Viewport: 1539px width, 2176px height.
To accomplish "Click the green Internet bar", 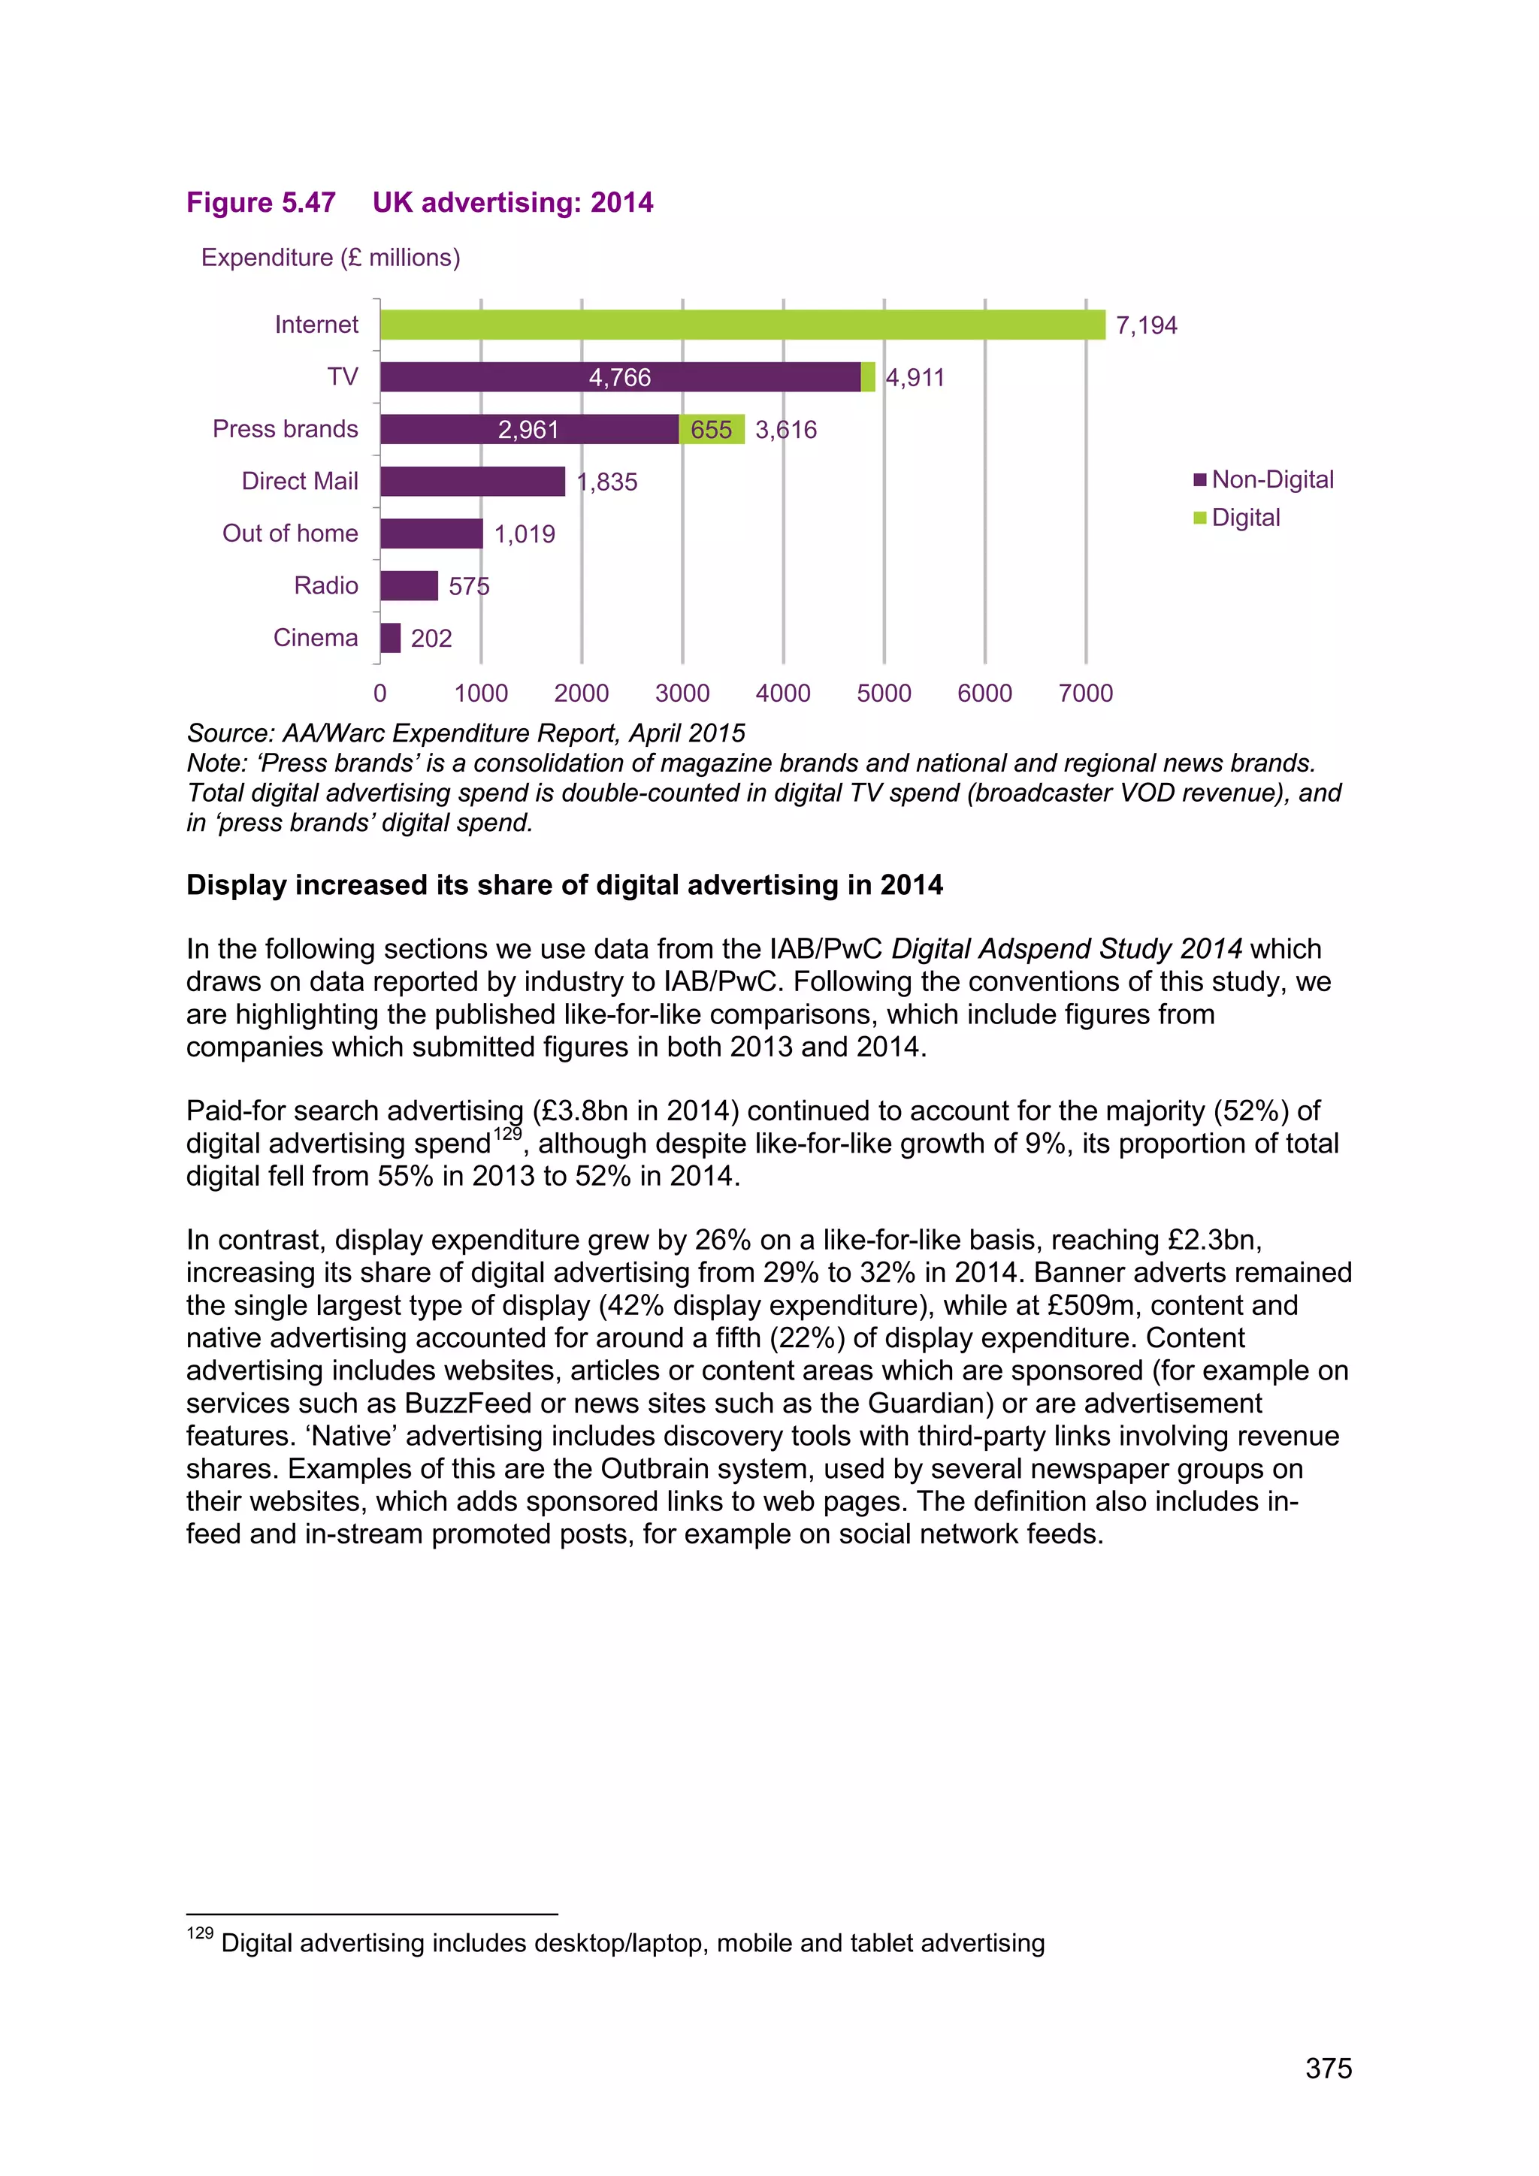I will tap(742, 325).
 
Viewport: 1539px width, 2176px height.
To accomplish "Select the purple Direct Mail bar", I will tap(472, 482).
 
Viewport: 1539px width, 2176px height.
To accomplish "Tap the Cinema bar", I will tap(391, 638).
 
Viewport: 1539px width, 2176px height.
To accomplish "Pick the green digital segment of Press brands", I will tap(712, 429).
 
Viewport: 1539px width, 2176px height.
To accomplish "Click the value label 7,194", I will tap(1146, 326).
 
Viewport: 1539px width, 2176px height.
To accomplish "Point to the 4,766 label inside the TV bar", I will tap(620, 378).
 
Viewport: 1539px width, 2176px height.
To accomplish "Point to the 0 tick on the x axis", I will tap(380, 693).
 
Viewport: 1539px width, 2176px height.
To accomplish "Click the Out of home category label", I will tap(290, 533).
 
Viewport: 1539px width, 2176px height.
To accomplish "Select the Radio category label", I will tap(326, 585).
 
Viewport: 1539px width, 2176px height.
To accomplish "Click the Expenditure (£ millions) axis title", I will tap(330, 258).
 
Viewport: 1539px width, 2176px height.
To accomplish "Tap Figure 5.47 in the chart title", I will tap(261, 203).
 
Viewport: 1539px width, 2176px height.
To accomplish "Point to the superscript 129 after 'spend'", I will tap(507, 1135).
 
